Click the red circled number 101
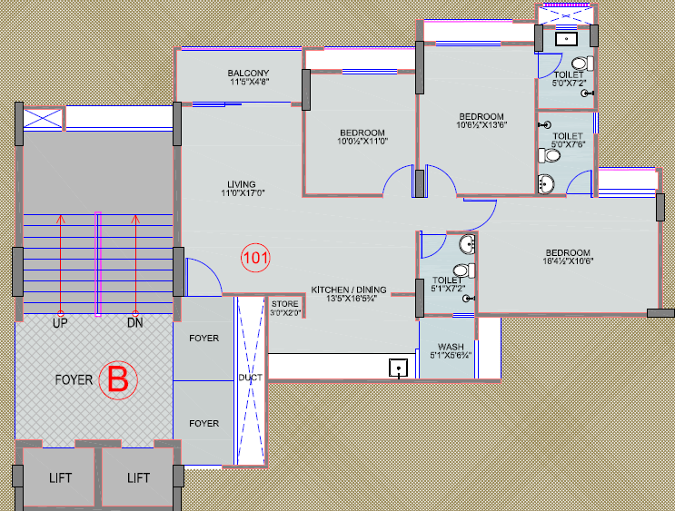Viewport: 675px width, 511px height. tap(255, 258)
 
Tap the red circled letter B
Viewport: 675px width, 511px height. tap(118, 379)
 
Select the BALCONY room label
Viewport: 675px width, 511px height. tap(248, 74)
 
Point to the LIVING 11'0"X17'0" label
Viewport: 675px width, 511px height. tap(243, 189)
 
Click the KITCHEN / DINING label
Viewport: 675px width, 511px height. tap(349, 290)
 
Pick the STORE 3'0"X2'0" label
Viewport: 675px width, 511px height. tap(285, 309)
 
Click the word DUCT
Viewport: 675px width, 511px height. tap(250, 378)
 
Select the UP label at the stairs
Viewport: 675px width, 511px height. tap(60, 323)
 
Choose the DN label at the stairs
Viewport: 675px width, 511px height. tap(135, 323)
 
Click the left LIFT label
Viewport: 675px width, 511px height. tap(60, 478)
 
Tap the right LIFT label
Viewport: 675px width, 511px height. tap(138, 478)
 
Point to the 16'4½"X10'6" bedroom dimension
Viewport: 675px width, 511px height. tap(568, 260)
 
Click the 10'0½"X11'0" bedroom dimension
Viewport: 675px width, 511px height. tap(362, 141)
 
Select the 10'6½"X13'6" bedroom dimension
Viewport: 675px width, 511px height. tap(481, 124)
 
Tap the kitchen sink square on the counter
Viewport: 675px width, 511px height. tap(399, 369)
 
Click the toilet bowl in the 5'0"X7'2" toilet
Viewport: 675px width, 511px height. tap(582, 64)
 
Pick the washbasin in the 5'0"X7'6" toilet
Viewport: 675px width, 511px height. tap(545, 184)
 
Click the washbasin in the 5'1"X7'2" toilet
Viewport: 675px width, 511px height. tap(467, 244)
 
